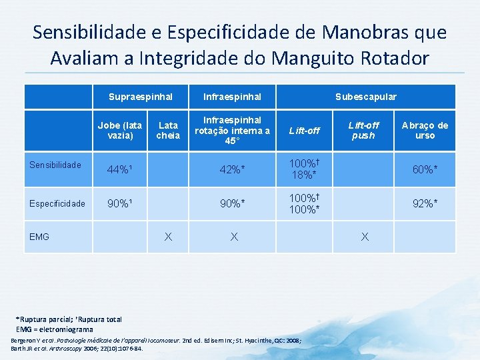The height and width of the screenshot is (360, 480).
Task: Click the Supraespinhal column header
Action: [141, 97]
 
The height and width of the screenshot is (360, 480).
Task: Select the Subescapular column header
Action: [365, 97]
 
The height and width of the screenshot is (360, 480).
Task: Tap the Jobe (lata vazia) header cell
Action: [120, 130]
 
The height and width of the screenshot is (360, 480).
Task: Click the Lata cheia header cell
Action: [167, 130]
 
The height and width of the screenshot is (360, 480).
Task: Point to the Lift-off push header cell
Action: [363, 130]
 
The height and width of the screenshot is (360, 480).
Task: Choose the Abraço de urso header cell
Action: [425, 130]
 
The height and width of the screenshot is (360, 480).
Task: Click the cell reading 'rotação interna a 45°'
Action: [232, 131]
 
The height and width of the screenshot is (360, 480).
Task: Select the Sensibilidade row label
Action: [55, 165]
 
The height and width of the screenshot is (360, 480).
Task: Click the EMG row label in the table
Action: [39, 237]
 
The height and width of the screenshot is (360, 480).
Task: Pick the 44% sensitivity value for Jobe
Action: [120, 169]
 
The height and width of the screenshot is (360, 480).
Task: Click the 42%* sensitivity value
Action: [232, 169]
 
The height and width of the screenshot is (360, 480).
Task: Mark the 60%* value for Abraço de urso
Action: [425, 169]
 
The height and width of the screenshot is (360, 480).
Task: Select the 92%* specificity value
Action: [425, 204]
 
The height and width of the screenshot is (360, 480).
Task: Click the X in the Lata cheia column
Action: [168, 237]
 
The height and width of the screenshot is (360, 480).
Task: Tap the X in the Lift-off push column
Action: [364, 237]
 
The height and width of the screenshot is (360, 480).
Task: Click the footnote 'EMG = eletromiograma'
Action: [55, 329]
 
